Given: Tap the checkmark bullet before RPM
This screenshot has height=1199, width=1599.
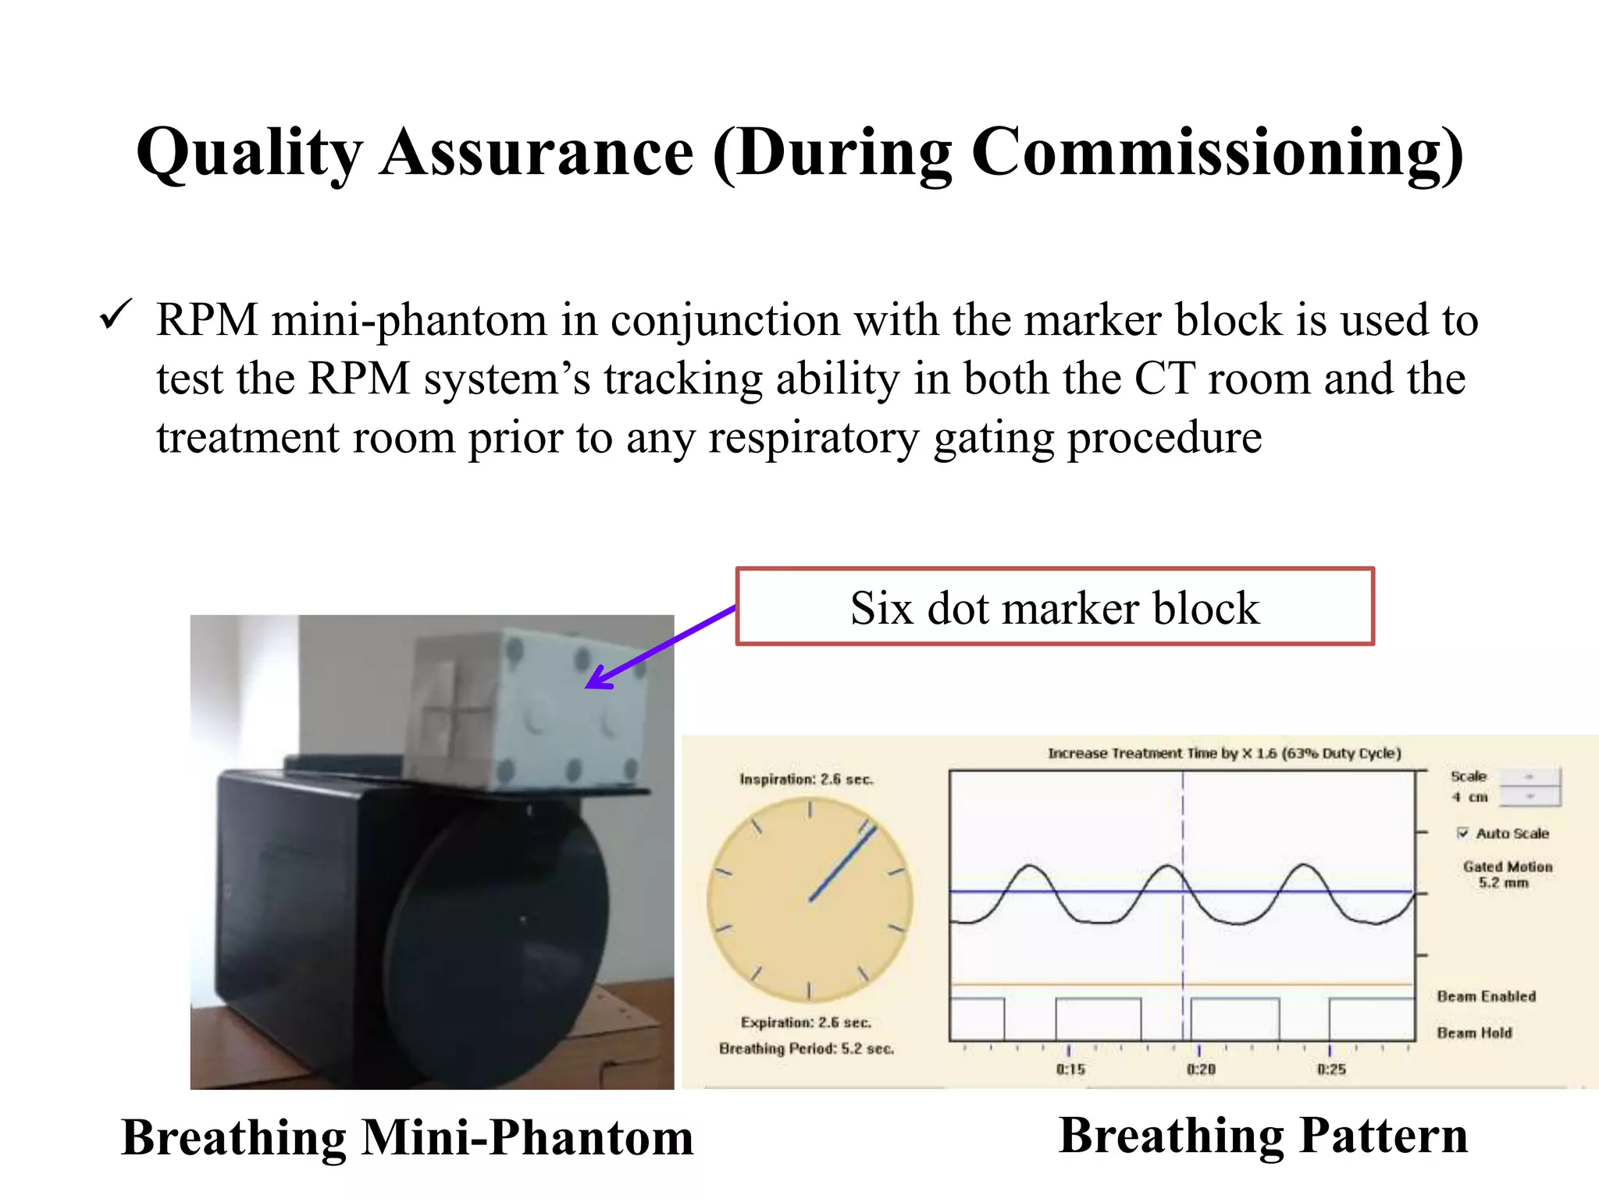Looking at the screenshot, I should click(x=116, y=316).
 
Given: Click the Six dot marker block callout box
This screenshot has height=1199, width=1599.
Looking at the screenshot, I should click(x=1054, y=607).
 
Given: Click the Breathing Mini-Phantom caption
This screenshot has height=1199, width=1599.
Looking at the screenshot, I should click(x=408, y=1137).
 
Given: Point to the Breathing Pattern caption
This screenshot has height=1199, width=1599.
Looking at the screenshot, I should click(x=1262, y=1135).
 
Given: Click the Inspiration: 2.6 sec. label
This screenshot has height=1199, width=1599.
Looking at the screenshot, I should click(x=807, y=779).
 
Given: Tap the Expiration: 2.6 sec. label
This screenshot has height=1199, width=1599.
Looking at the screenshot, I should click(x=806, y=1023).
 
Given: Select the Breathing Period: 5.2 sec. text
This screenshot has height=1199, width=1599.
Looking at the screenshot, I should click(x=806, y=1048).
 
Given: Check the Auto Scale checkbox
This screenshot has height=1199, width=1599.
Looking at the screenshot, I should click(x=1462, y=833).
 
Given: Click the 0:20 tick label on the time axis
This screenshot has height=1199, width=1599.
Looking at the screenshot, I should click(x=1201, y=1069).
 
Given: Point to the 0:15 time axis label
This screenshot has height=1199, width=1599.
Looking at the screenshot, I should click(x=1070, y=1069).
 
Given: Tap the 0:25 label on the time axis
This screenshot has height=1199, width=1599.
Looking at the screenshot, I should click(x=1331, y=1069).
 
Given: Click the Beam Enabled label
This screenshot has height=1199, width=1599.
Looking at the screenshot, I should click(x=1486, y=996).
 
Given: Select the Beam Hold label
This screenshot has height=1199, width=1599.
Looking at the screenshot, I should click(x=1474, y=1033).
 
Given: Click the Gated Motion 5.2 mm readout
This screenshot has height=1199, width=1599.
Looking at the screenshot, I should click(x=1507, y=874).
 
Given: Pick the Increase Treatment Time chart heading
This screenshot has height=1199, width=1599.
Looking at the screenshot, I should click(x=1223, y=753).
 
